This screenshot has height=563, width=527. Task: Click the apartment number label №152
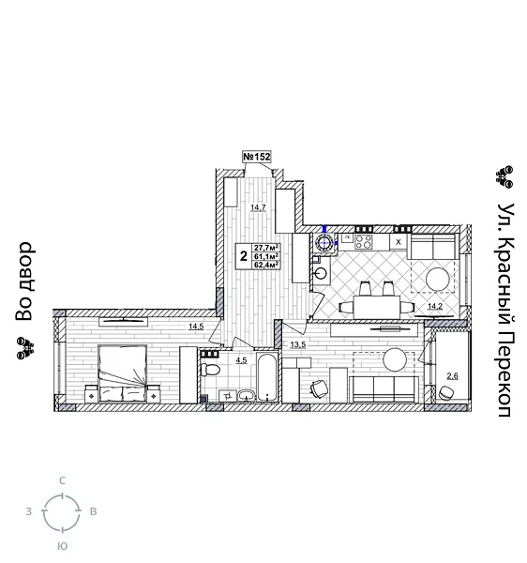[x=256, y=157]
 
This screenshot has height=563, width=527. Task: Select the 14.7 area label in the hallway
[x=258, y=207]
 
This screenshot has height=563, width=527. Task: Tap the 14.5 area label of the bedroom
[x=195, y=327]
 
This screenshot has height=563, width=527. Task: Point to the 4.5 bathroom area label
[x=241, y=360]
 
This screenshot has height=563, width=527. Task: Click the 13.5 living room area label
[x=298, y=344]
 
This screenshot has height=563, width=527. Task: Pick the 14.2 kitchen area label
[x=435, y=306]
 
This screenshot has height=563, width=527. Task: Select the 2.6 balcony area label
[x=452, y=375]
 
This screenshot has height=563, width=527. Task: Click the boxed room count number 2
[x=243, y=255]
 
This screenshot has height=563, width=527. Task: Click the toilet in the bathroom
[x=212, y=373]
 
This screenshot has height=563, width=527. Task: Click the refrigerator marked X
[x=399, y=241]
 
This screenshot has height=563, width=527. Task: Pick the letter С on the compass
[x=62, y=481]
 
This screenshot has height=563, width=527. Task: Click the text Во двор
[x=24, y=281]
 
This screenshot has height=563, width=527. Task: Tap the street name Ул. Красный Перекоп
[x=504, y=310]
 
